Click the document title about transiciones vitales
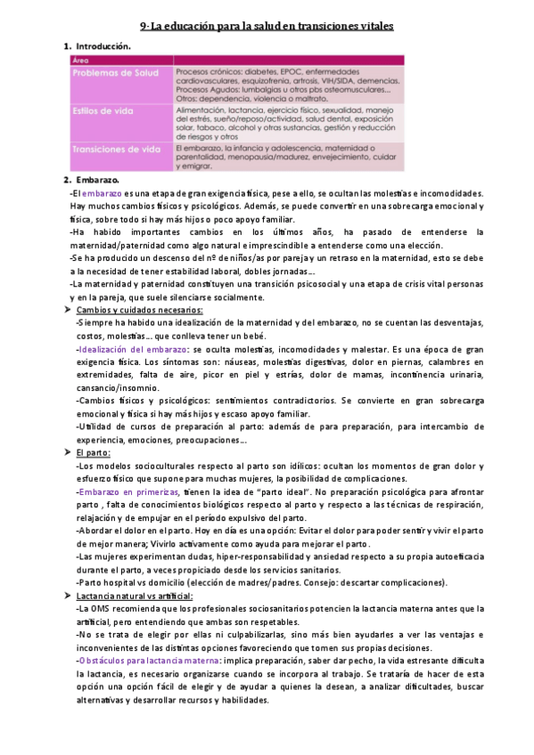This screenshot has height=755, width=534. pos(267,28)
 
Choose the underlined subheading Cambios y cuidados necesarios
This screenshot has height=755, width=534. pos(140,310)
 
